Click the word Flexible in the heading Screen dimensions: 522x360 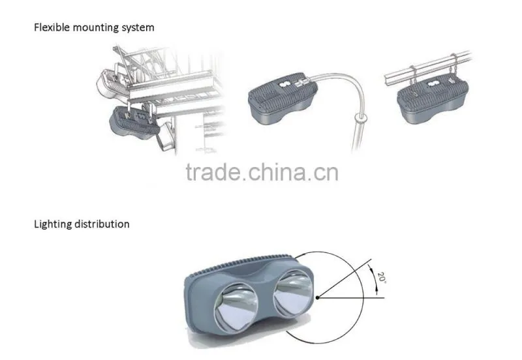click(x=52, y=27)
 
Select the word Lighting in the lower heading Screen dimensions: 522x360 click(x=53, y=224)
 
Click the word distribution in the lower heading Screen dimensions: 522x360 click(x=102, y=224)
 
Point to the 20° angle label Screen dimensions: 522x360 click(x=382, y=278)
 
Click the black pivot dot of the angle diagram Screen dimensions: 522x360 click(x=318, y=297)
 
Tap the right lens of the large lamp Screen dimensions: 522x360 click(x=293, y=293)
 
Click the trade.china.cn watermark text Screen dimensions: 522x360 click(x=262, y=172)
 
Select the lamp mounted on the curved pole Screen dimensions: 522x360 click(x=283, y=98)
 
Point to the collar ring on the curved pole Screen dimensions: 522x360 click(x=361, y=117)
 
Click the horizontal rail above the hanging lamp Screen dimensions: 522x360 click(x=428, y=68)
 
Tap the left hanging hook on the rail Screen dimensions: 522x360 click(x=412, y=77)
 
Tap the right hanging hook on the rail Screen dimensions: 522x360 click(x=453, y=67)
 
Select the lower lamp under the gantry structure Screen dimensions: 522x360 click(x=135, y=121)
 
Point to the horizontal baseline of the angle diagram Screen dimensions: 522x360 click(x=351, y=297)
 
